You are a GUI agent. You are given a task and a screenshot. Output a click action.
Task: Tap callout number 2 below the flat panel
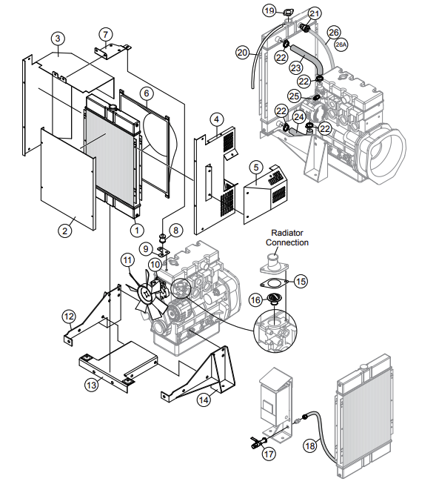tap(65, 231)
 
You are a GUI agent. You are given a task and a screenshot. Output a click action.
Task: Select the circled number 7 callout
tap(106, 34)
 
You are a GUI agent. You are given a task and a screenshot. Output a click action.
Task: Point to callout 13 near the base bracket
tap(91, 384)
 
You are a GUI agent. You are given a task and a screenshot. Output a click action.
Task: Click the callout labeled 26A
tap(340, 44)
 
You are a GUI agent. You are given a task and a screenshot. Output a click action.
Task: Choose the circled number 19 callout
tap(269, 10)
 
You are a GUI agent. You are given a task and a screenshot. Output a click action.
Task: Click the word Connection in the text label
tap(288, 242)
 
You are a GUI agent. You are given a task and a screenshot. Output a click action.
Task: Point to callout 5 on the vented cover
tap(255, 167)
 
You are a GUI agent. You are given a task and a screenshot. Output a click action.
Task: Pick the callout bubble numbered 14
tap(203, 400)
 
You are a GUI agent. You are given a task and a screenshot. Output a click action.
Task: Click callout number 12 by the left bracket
tap(68, 317)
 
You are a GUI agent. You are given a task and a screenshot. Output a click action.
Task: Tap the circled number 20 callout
tap(242, 52)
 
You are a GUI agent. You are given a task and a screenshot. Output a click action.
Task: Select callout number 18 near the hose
tap(309, 446)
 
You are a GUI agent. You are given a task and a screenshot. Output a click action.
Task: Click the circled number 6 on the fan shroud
tap(147, 93)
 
